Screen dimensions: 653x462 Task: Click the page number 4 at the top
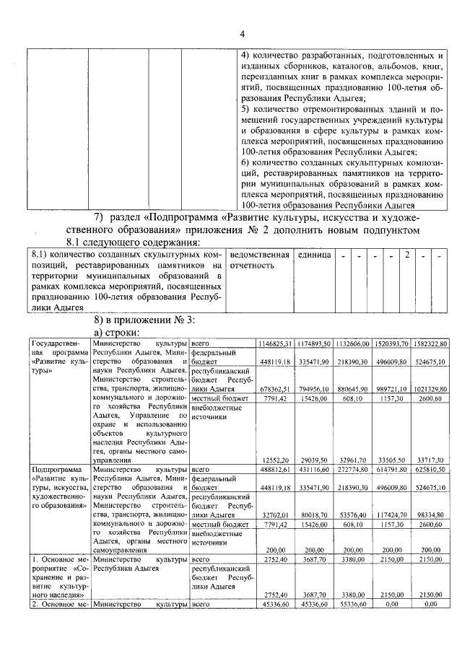pos(243,34)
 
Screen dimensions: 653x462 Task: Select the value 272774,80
pos(352,469)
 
